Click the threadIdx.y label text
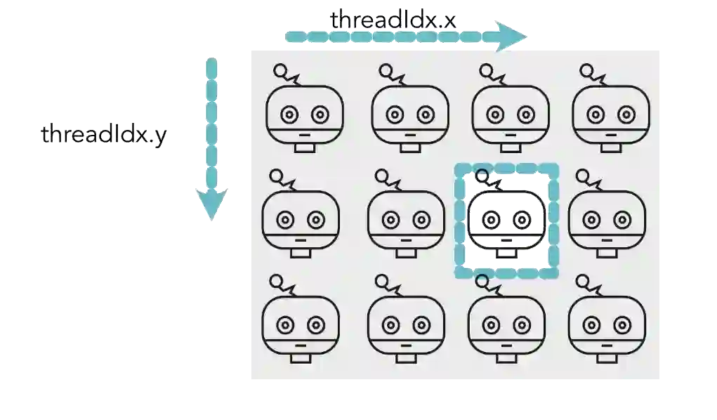103,135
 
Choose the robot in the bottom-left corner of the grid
300,324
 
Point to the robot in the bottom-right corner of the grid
607,324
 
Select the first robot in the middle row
301,219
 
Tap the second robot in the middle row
406,219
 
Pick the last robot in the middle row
606,219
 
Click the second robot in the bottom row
405,324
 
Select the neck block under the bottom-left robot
300,358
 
